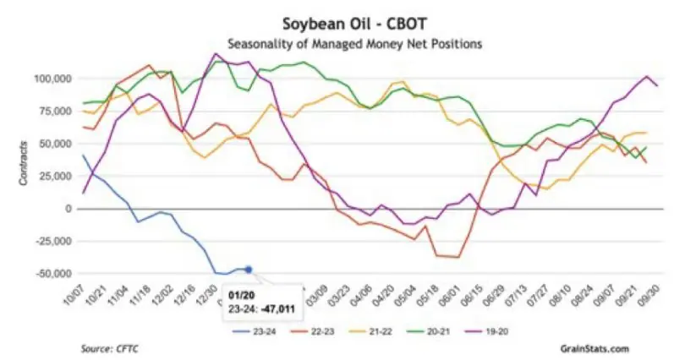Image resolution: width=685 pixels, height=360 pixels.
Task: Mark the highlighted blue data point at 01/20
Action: (x=249, y=270)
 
